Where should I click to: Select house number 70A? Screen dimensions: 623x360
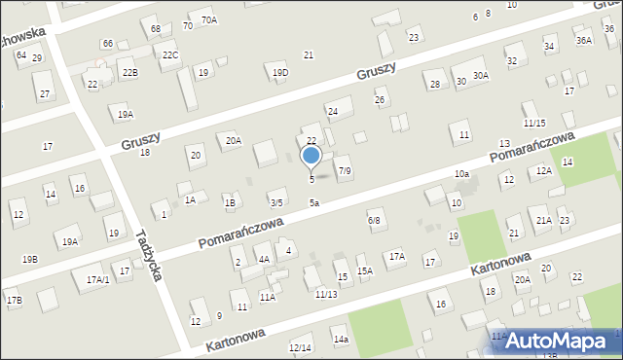[x=208, y=19]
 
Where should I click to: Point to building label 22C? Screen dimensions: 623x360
[x=170, y=54]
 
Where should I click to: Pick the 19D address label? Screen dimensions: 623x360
[x=280, y=72]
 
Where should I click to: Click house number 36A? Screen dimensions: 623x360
[x=583, y=41]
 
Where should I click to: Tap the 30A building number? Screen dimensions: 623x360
[x=481, y=75]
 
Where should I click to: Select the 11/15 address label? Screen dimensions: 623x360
[x=533, y=124]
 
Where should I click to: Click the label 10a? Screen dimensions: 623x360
[x=461, y=173]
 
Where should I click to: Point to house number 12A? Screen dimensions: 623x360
[x=543, y=170]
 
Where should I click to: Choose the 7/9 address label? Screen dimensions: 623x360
[x=344, y=171]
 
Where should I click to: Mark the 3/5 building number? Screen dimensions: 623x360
[x=276, y=202]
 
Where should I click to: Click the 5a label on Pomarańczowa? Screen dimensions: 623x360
[x=314, y=202]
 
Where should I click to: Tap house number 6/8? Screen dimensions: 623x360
[x=374, y=221]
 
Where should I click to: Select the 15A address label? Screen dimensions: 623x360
[x=364, y=271]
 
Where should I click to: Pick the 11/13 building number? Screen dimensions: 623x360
[x=326, y=294]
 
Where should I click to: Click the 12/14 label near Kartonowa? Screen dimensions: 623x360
[x=300, y=347]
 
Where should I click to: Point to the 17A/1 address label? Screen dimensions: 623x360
[x=97, y=279]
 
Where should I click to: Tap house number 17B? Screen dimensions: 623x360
[x=14, y=300]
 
